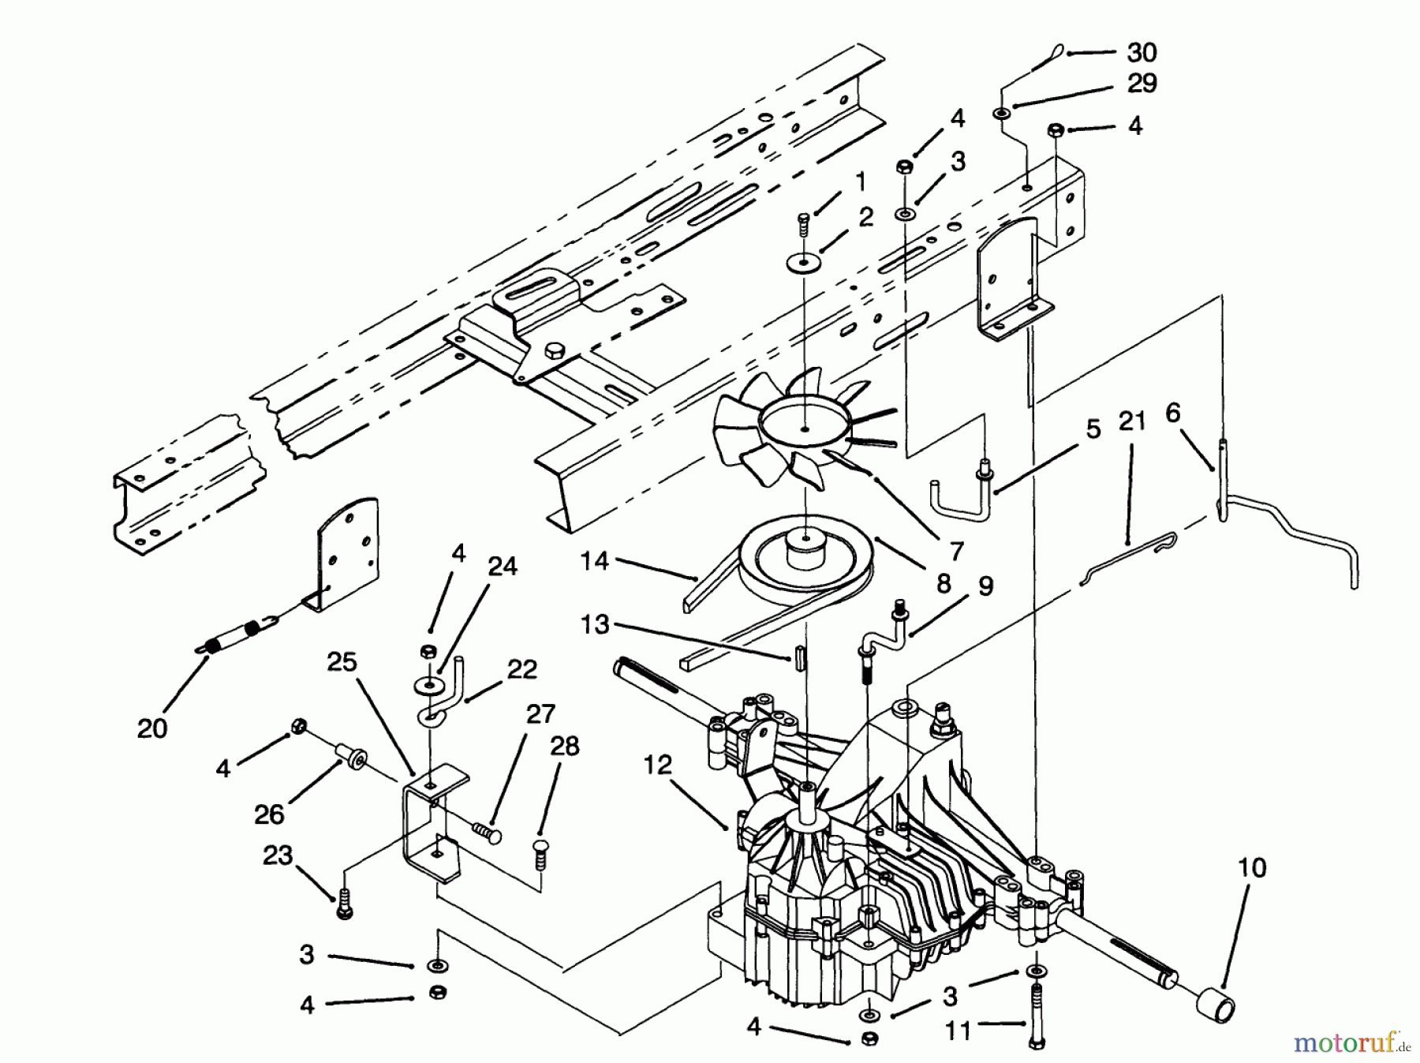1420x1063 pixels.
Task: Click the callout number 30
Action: click(x=1142, y=53)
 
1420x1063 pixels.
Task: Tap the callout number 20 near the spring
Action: click(x=152, y=728)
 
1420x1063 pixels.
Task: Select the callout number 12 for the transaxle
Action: click(x=657, y=764)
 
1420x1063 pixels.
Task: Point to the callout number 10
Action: click(x=1252, y=867)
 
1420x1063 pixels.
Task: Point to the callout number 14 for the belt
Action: click(x=594, y=561)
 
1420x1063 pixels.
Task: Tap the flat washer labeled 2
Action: click(x=804, y=263)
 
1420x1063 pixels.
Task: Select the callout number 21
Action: click(x=1132, y=421)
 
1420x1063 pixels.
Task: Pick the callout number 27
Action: click(x=540, y=714)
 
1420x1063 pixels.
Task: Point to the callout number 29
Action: click(x=1142, y=84)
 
